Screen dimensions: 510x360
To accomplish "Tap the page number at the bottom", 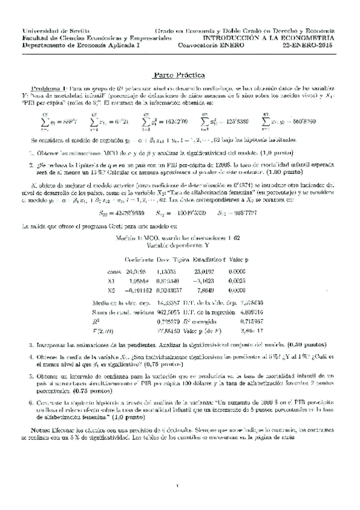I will [x=180, y=487].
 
